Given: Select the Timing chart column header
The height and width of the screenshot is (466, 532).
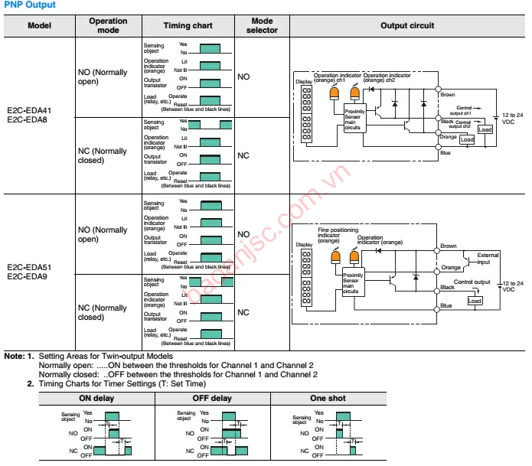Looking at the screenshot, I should [188, 26].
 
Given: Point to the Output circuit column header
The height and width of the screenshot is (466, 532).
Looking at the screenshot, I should [407, 26].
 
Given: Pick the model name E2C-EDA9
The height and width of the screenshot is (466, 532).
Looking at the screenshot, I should [28, 275].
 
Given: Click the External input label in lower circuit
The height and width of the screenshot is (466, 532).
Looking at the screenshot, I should [488, 259].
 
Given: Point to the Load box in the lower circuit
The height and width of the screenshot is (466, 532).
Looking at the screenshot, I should [475, 301].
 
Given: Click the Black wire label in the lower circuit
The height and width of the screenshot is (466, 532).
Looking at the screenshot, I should [448, 288].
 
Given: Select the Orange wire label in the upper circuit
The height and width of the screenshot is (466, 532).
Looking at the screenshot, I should [448, 136].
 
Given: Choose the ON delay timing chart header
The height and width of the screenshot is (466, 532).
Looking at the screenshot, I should [96, 399].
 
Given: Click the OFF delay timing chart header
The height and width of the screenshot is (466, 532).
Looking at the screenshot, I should [212, 399].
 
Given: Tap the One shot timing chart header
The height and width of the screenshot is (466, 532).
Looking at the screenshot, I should [327, 399].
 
